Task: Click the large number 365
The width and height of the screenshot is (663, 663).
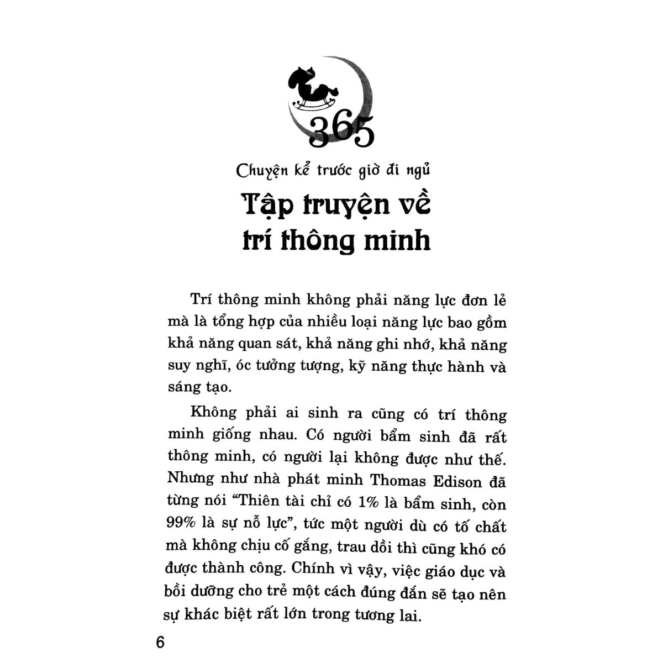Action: pyautogui.click(x=341, y=132)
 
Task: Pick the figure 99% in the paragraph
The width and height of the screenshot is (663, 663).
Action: pyautogui.click(x=180, y=527)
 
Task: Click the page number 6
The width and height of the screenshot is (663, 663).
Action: pyautogui.click(x=161, y=643)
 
